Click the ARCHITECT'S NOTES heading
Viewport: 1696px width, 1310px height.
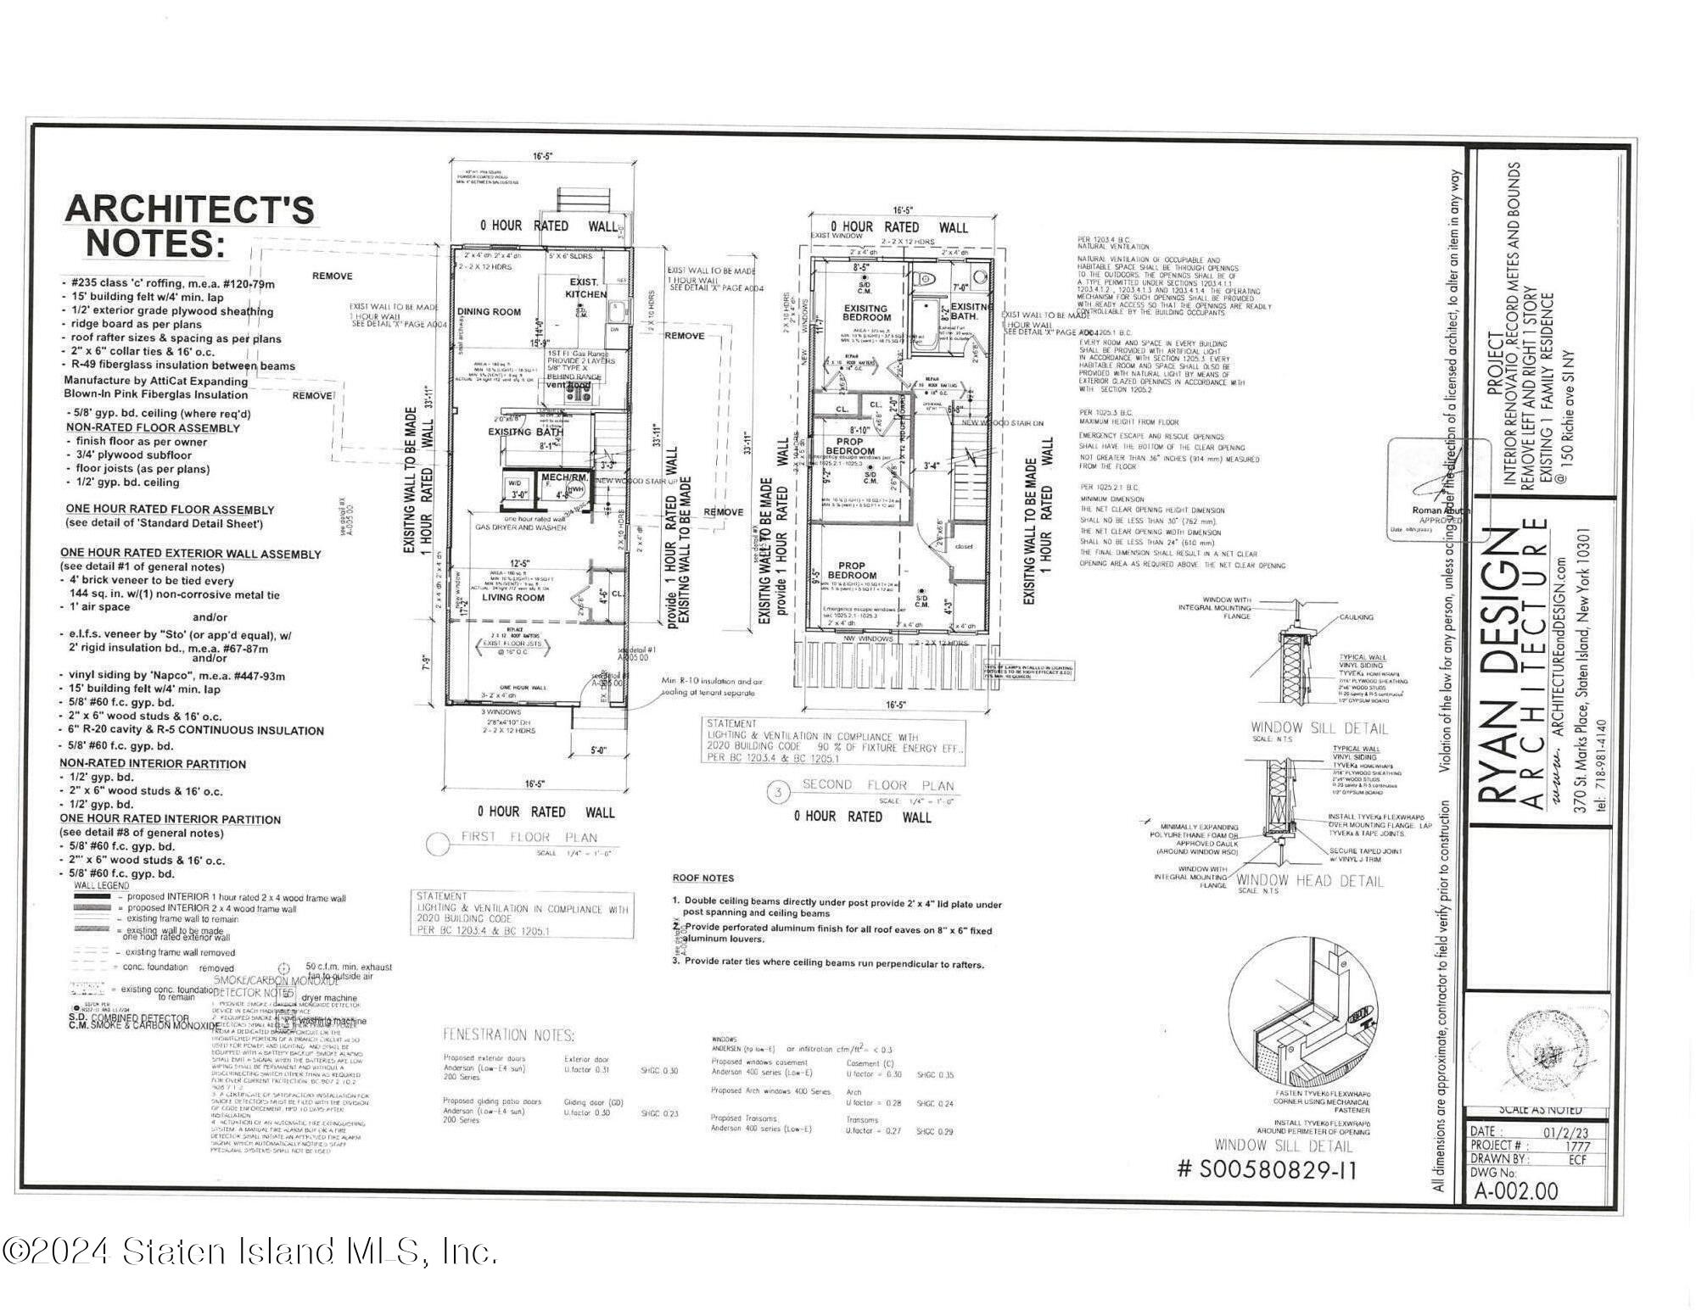[189, 226]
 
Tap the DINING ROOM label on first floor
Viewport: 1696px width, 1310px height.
[489, 312]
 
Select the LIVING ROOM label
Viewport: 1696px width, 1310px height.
[513, 598]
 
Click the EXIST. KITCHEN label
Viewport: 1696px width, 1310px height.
[585, 287]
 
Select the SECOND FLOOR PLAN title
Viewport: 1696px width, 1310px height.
[877, 785]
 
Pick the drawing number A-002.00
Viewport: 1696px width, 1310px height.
[1515, 1191]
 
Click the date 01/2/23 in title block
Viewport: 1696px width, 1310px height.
[1567, 1131]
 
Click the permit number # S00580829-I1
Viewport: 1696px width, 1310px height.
[1267, 1171]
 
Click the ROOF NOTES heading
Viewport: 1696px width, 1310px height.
[702, 878]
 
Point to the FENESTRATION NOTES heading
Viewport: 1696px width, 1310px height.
[508, 1035]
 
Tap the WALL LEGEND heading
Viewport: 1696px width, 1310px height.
[102, 885]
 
